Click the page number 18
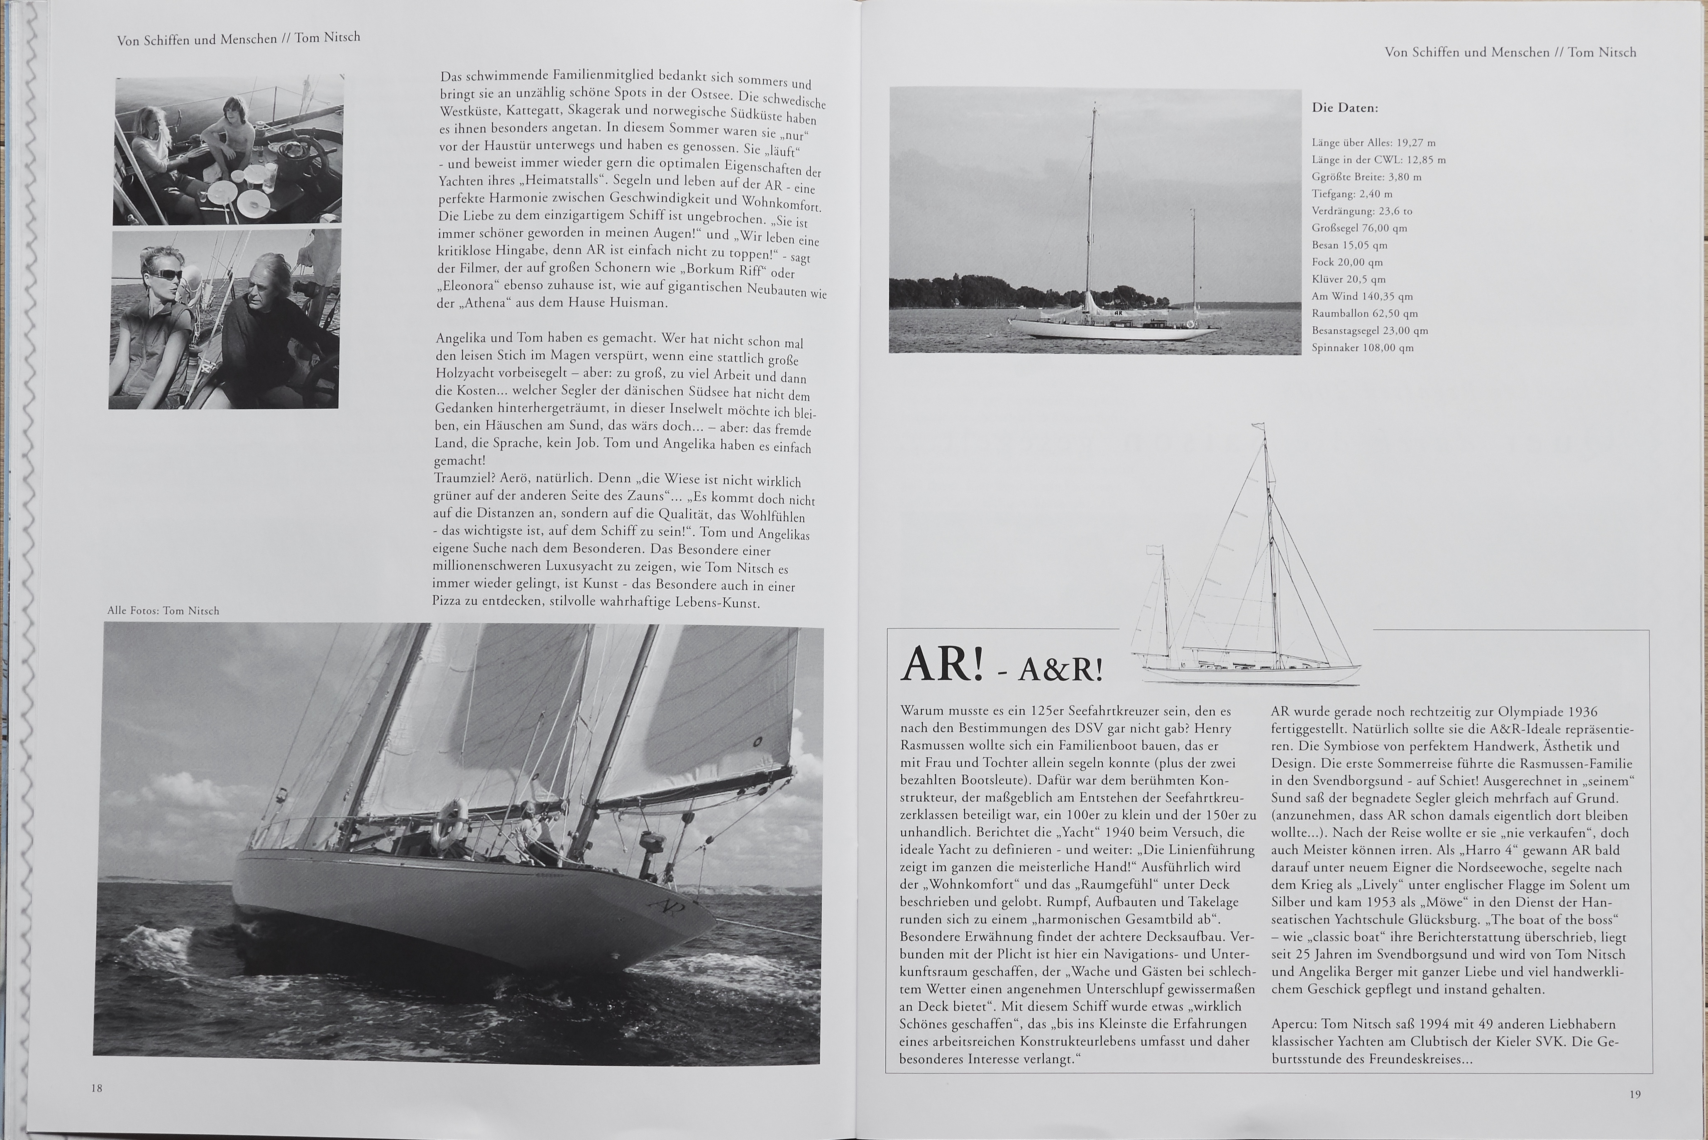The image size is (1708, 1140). [97, 1089]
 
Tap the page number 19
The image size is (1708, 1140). [1635, 1094]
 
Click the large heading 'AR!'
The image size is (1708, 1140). [941, 665]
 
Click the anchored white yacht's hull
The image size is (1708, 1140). [1112, 329]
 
